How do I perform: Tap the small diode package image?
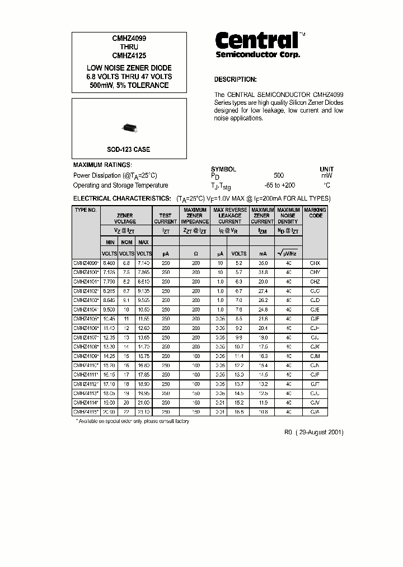click(x=129, y=129)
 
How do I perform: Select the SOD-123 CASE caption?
click(x=129, y=150)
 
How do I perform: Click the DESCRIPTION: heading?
click(x=235, y=80)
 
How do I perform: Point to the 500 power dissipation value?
click(x=279, y=175)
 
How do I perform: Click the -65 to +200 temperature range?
click(x=279, y=185)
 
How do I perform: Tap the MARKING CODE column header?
click(x=315, y=212)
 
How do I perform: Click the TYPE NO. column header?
click(x=86, y=210)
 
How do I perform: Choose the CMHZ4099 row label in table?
click(x=86, y=263)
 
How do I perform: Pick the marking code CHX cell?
click(x=315, y=263)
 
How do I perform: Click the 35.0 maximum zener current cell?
click(x=262, y=263)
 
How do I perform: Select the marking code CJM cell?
click(x=315, y=356)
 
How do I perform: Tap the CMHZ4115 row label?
click(x=86, y=412)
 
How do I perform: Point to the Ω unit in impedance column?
click(x=195, y=254)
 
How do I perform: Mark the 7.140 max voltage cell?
click(x=144, y=263)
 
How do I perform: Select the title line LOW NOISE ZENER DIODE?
click(x=129, y=68)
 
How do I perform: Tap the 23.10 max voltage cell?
click(x=144, y=412)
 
